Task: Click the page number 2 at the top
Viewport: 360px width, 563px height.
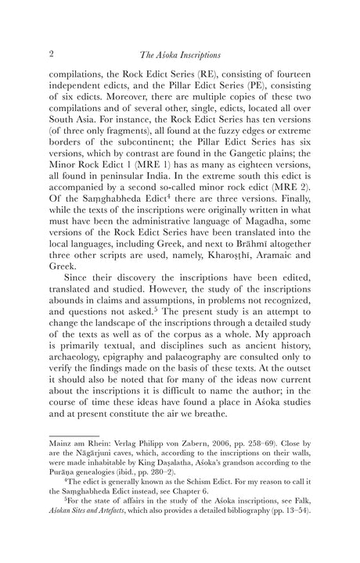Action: click(51, 54)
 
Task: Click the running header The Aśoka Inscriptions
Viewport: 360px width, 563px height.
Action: click(179, 55)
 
